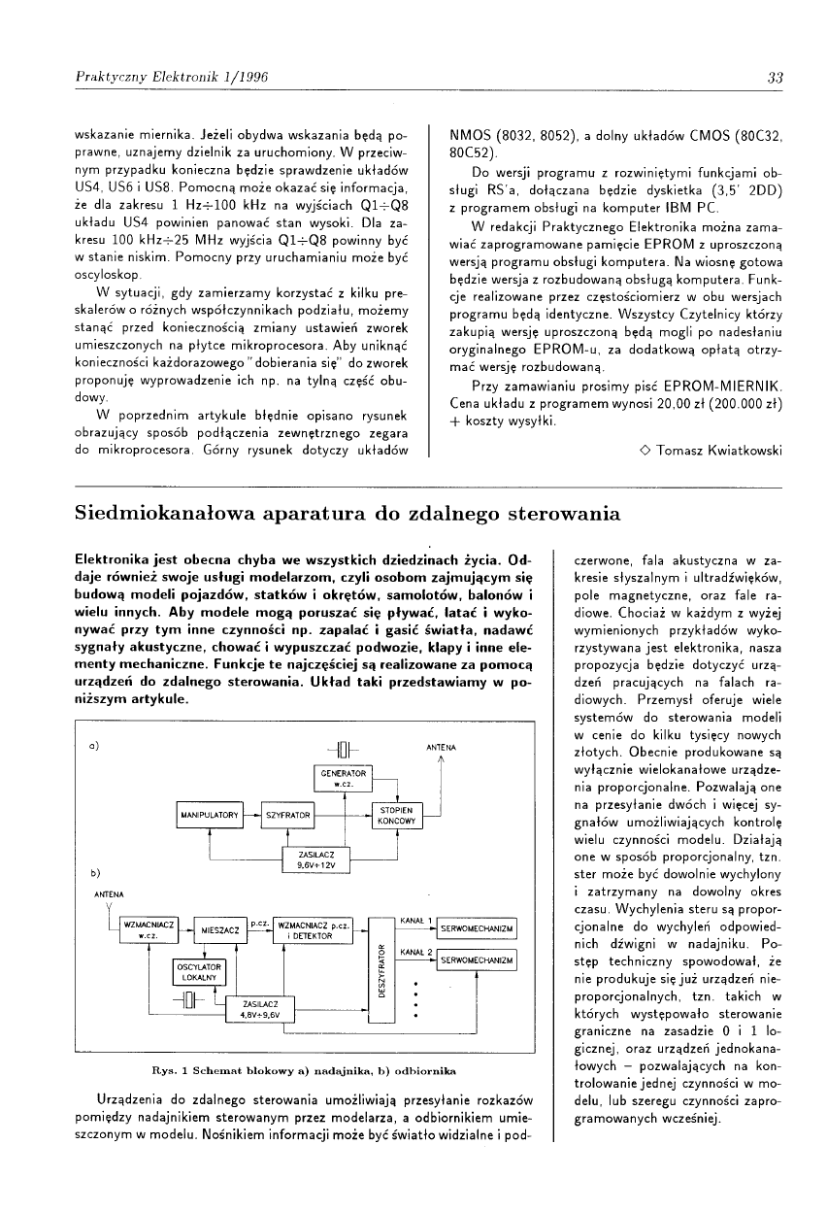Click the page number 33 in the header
(775, 79)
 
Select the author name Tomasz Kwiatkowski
(718, 451)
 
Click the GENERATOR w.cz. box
(343, 777)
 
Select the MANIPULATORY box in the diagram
(209, 816)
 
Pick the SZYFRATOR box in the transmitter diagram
(286, 816)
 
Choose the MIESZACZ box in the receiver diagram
(221, 930)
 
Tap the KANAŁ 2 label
(416, 951)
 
